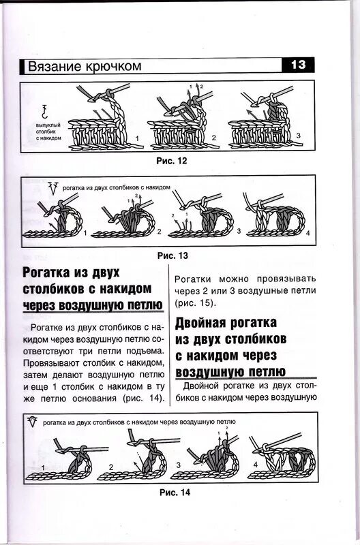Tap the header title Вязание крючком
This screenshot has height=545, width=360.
coord(84,66)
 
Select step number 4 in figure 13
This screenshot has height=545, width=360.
coord(307,234)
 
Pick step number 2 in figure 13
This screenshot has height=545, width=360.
coord(159,232)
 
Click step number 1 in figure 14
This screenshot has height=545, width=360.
coord(42,466)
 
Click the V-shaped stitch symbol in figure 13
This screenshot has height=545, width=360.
coord(52,187)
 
